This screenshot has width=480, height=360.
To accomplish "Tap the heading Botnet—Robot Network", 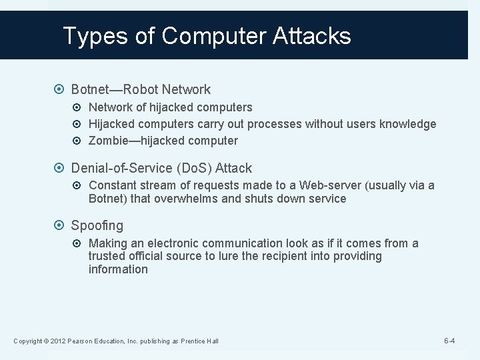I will click(x=141, y=89).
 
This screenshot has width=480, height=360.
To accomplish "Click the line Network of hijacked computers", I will click(x=170, y=107).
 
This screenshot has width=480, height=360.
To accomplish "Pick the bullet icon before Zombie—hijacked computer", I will click(x=80, y=141).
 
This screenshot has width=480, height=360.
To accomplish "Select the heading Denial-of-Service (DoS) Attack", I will click(x=161, y=168).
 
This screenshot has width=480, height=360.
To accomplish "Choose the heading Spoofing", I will click(x=97, y=226).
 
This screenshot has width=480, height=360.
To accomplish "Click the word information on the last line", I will click(x=118, y=269).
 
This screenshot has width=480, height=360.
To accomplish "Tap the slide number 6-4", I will click(x=449, y=341).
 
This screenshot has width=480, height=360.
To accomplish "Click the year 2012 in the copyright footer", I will click(x=55, y=342).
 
